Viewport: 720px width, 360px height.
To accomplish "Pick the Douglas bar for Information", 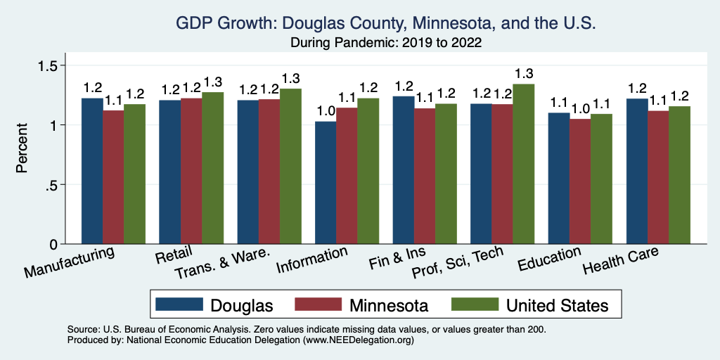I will (x=326, y=183).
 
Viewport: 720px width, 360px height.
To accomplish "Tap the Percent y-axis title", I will (x=22, y=148).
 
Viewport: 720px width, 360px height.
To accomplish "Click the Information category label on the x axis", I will (x=312, y=260).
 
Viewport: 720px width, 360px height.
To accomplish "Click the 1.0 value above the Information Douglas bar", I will (x=325, y=111).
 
